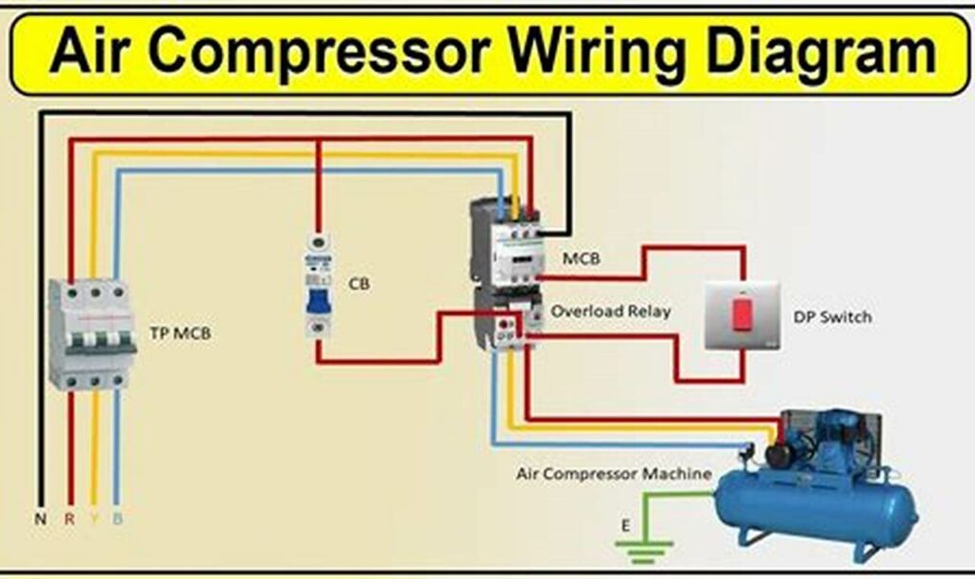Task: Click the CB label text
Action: pos(359,284)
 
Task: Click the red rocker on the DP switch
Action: pos(740,313)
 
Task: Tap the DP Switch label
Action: pos(831,317)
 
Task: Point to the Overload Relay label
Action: pos(610,310)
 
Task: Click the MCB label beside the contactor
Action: pos(581,258)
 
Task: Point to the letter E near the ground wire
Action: pos(625,523)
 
